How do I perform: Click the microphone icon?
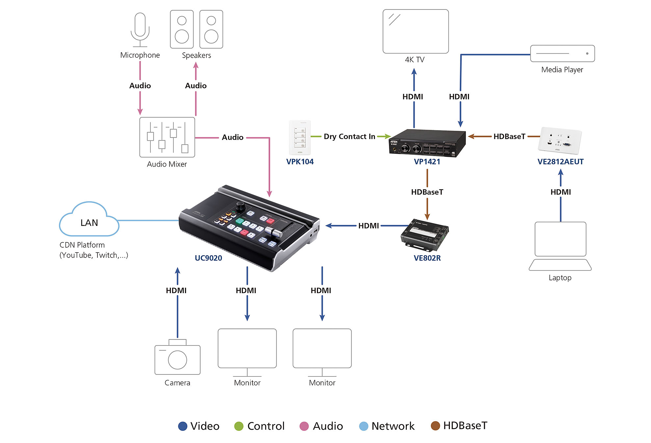[x=140, y=30]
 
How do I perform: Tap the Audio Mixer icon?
[x=167, y=137]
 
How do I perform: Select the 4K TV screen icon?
[x=415, y=31]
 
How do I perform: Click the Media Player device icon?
[x=562, y=53]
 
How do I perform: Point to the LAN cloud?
[x=89, y=221]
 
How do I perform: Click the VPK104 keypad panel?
[x=299, y=138]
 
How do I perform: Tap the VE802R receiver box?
[x=425, y=235]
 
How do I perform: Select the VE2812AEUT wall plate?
[x=560, y=141]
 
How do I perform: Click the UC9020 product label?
[x=208, y=258]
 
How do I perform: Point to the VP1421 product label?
[x=427, y=162]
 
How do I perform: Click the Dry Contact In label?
[x=349, y=136]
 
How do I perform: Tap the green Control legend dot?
[x=239, y=426]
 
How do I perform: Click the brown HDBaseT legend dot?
[x=435, y=426]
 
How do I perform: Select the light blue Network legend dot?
[x=363, y=426]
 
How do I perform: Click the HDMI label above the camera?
[x=176, y=291]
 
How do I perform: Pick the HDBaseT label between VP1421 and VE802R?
[x=427, y=192]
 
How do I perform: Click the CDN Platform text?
[x=82, y=245]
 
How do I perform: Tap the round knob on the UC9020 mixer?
[x=241, y=206]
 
